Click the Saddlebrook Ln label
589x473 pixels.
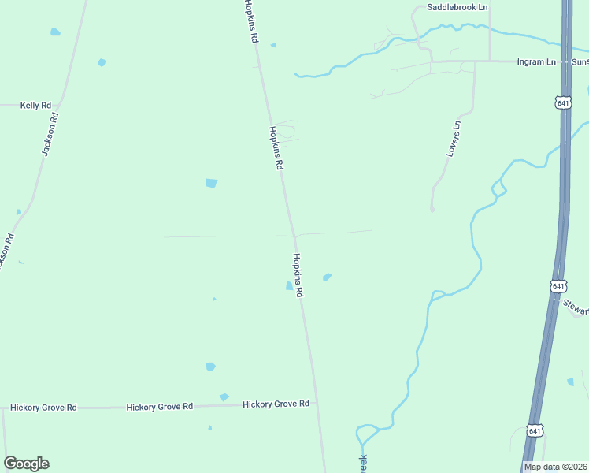point(457,7)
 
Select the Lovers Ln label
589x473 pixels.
point(453,139)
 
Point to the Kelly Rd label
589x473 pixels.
point(35,105)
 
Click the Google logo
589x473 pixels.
point(26,464)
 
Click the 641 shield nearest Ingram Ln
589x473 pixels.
point(562,103)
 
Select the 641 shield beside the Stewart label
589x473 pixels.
point(558,285)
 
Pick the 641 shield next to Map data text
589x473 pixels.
point(535,430)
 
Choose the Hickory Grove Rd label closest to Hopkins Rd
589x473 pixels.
point(276,404)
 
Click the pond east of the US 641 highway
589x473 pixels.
point(570,382)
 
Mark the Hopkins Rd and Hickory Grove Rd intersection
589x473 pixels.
point(317,404)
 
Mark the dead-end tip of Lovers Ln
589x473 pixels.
point(432,210)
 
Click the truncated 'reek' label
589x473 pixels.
point(363,464)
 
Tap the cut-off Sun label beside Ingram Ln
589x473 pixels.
point(580,61)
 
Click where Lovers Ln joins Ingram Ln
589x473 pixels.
point(474,61)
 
